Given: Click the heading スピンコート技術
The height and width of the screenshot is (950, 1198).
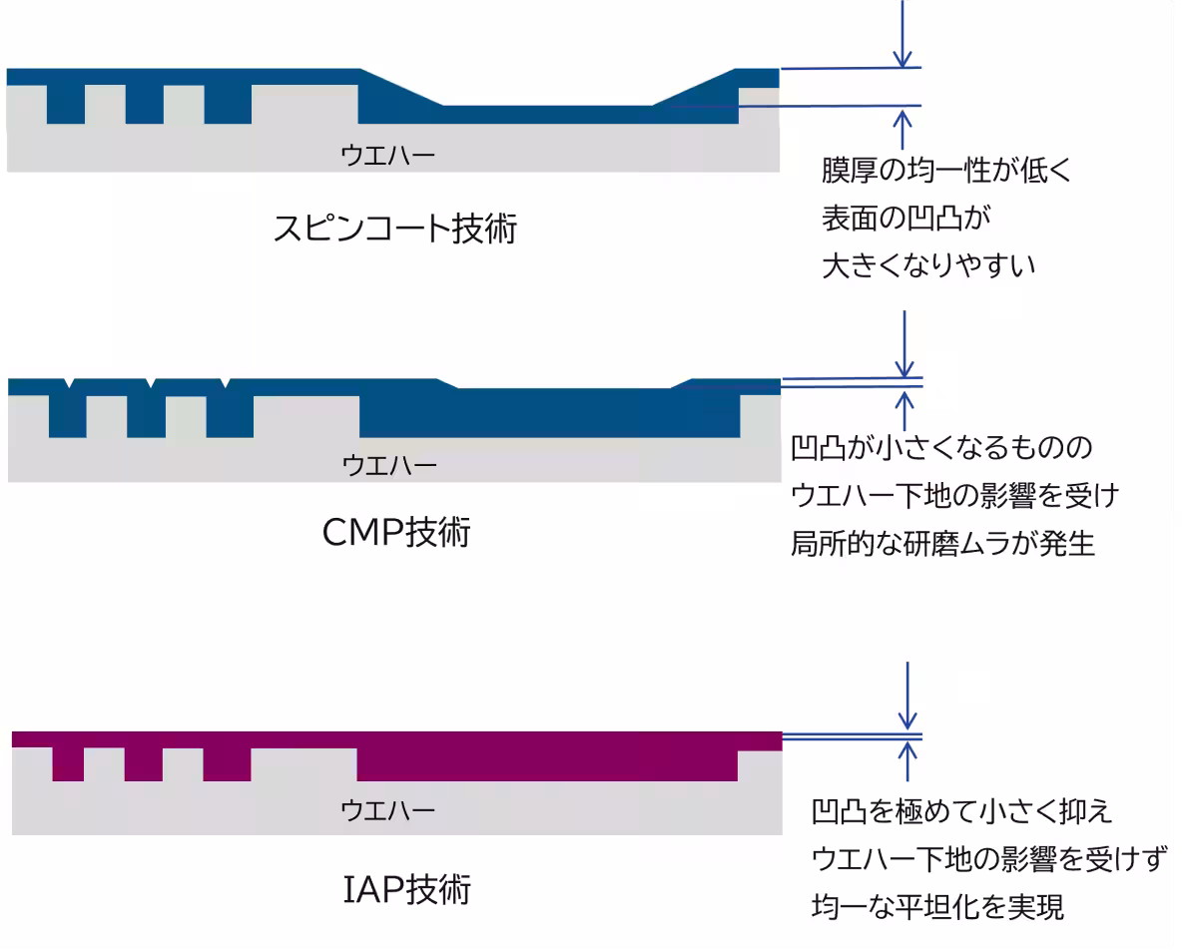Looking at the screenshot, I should tap(394, 230).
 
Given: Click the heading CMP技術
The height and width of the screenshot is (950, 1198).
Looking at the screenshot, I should tap(396, 535).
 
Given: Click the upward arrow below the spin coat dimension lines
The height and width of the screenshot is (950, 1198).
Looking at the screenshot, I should tap(903, 131).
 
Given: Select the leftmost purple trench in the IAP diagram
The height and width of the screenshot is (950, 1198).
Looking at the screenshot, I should tap(67, 763).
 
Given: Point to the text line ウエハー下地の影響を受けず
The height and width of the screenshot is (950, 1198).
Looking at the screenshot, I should tap(988, 859).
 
